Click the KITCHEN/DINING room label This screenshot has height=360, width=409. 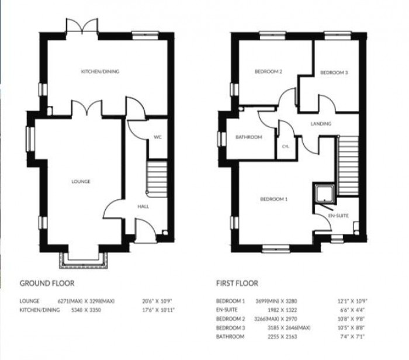tap(100, 71)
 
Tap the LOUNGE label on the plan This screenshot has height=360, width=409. tap(81, 182)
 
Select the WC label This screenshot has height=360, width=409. tap(157, 137)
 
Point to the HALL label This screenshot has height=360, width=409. tap(143, 207)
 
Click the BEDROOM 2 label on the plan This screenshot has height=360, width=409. tap(268, 72)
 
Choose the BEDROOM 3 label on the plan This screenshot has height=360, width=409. tap(334, 72)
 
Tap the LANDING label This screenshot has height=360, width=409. tap(321, 124)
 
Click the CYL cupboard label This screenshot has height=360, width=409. tap(286, 146)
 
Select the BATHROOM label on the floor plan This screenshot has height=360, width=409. tap(248, 137)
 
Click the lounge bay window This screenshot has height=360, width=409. tap(84, 259)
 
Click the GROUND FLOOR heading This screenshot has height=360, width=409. tap(47, 283)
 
